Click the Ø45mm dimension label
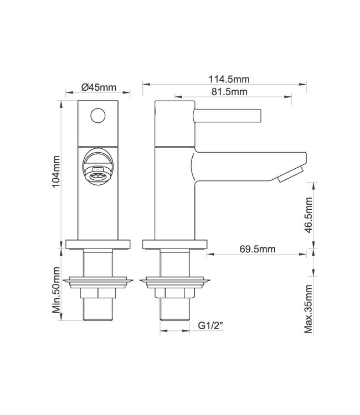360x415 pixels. tap(98, 87)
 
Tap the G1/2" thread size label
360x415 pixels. tap(211, 327)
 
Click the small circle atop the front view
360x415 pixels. tap(98, 116)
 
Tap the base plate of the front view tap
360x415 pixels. tap(98, 243)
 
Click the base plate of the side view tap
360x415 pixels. tap(175, 243)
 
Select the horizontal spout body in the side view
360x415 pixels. tap(244, 167)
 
